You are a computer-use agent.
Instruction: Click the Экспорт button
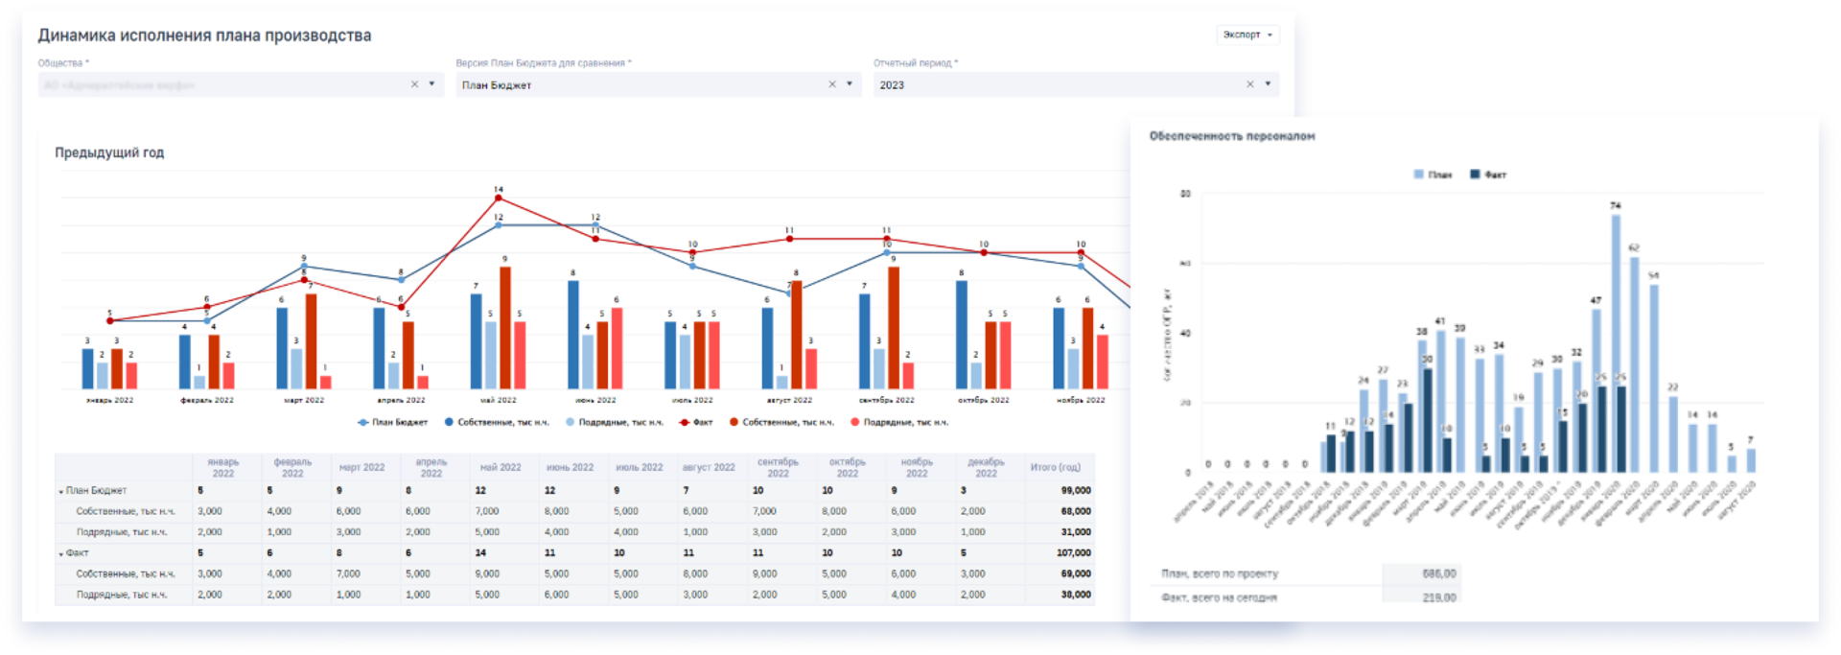1247,35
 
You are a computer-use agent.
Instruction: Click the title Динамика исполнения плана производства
204,35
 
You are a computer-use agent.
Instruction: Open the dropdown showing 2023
1075,84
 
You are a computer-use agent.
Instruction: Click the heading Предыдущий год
109,152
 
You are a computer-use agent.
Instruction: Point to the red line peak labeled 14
498,198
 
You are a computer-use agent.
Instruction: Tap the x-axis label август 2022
789,400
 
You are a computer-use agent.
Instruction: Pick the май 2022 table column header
501,468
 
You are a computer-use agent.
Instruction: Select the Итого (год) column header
1055,468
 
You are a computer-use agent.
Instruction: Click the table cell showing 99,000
1075,490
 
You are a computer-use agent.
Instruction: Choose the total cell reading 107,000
1073,552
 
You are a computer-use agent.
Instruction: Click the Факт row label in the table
77,552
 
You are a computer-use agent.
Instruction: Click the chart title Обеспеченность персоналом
1231,136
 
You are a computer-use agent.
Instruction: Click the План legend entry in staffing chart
1433,175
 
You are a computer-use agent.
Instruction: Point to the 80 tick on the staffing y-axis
1185,194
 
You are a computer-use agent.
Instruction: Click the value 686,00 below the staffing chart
1438,573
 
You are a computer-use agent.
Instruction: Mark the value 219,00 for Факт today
1438,597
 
